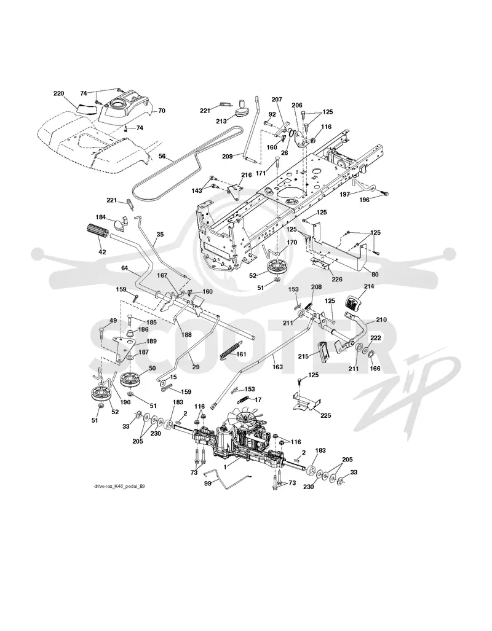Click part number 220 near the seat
click(58, 93)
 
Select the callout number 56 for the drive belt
click(162, 155)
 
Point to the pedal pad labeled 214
click(353, 302)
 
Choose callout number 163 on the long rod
click(277, 367)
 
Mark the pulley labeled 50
click(133, 380)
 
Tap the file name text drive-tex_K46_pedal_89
click(119, 487)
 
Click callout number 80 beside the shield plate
click(375, 275)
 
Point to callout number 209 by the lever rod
click(228, 157)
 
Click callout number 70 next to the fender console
click(162, 110)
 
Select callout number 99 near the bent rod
click(208, 484)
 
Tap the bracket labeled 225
click(307, 403)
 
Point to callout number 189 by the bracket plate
click(152, 341)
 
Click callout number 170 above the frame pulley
click(292, 242)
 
